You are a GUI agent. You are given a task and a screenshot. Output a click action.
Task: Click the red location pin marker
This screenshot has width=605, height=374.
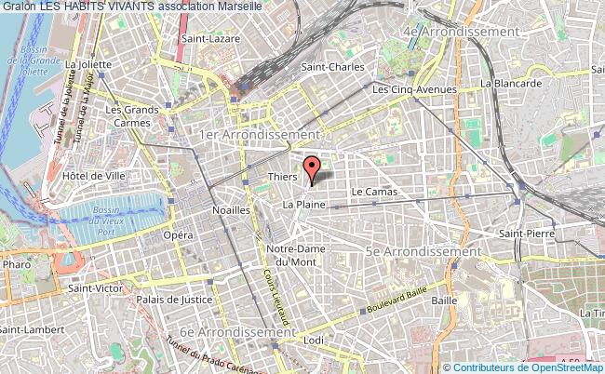tap(313, 167)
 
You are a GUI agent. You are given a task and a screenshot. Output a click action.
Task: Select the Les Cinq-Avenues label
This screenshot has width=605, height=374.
tap(414, 89)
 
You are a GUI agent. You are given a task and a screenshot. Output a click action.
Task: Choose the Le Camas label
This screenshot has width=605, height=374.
tap(374, 192)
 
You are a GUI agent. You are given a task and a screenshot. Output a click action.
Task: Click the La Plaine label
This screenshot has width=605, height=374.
tap(302, 203)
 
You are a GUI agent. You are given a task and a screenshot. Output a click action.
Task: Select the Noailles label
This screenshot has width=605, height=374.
tap(231, 210)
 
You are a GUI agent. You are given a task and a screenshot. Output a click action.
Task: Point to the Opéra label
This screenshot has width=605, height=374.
tap(179, 235)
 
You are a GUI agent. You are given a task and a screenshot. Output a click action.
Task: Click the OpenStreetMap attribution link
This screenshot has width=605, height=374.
tap(567, 367)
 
